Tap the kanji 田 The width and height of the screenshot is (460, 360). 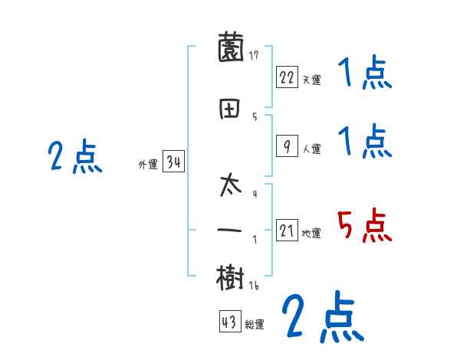click(x=231, y=109)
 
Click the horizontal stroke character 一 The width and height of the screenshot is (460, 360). click(x=231, y=230)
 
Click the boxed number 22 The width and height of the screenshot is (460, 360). click(x=287, y=77)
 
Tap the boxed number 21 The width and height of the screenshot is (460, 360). click(x=287, y=231)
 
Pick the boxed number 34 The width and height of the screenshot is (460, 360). click(x=172, y=162)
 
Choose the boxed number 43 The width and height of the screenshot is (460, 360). click(x=228, y=322)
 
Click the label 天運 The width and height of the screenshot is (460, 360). click(x=312, y=80)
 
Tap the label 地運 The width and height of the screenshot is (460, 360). click(x=312, y=233)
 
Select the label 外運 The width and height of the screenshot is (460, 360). click(x=148, y=165)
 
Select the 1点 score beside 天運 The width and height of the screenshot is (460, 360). click(x=364, y=74)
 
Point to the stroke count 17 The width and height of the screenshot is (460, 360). click(x=254, y=55)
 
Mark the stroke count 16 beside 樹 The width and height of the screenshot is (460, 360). click(x=255, y=285)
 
